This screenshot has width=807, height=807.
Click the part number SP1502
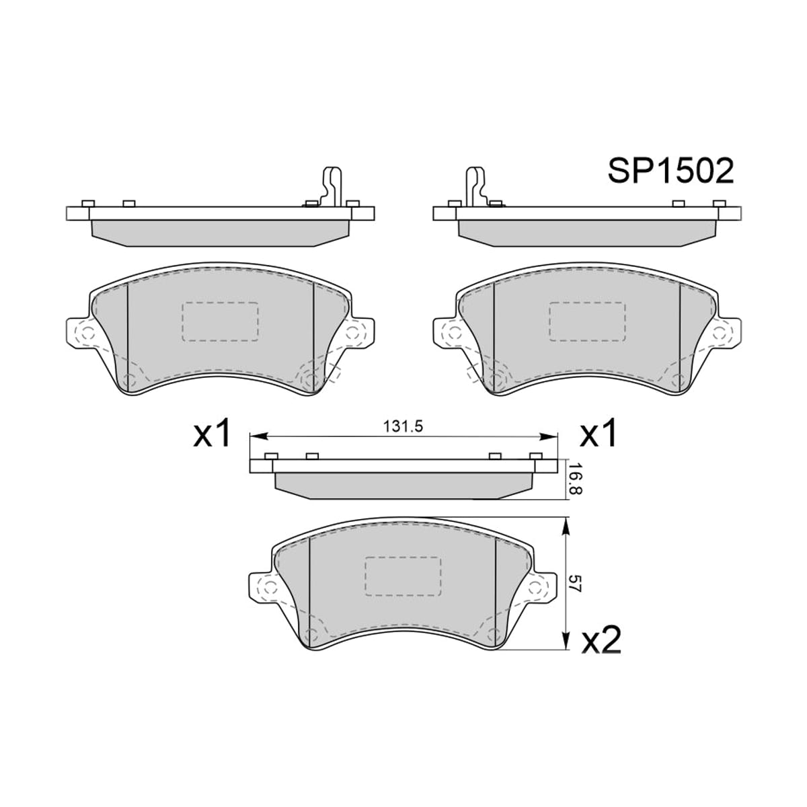671,171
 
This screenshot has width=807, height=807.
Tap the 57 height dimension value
576,582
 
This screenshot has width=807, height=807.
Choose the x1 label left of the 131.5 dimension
211,434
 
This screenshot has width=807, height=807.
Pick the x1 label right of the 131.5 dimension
598,434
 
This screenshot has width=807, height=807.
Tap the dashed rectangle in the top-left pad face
221,321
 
